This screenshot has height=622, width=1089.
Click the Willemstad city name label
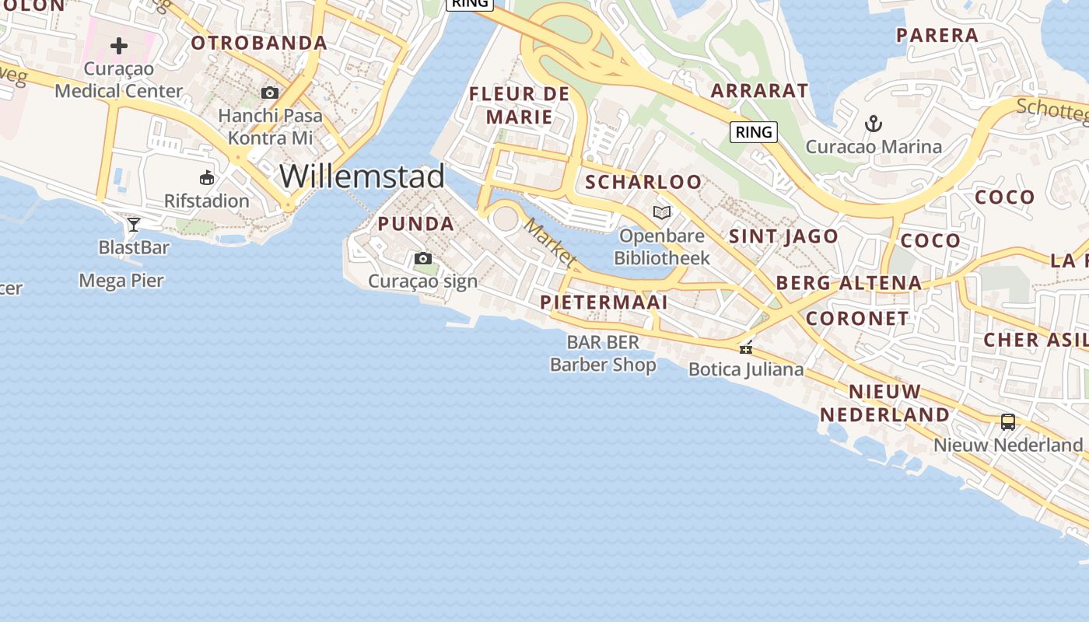[362, 176]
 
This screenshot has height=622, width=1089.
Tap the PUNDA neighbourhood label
[415, 224]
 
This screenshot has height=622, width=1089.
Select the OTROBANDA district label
[259, 43]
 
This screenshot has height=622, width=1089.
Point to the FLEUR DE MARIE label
[520, 106]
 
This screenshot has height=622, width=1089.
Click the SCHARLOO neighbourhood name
[643, 183]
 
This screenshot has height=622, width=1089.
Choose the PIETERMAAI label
[604, 302]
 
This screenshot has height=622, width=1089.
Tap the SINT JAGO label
[783, 236]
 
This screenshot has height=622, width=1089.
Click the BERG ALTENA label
[849, 283]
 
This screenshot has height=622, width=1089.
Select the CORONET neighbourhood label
[857, 318]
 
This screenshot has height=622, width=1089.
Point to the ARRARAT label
[759, 90]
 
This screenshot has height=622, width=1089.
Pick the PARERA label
[937, 35]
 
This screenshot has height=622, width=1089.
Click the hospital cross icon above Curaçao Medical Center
[119, 46]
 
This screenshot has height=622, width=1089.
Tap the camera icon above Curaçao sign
[423, 259]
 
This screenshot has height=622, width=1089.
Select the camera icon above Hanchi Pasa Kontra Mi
[270, 93]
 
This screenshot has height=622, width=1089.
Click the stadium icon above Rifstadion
[207, 178]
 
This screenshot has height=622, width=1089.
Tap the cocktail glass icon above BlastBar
[134, 225]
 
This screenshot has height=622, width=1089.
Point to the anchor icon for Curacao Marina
[874, 123]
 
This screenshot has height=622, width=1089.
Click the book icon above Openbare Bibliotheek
[662, 212]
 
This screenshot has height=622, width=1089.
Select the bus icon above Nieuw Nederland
[1008, 422]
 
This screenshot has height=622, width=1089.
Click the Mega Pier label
[121, 281]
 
